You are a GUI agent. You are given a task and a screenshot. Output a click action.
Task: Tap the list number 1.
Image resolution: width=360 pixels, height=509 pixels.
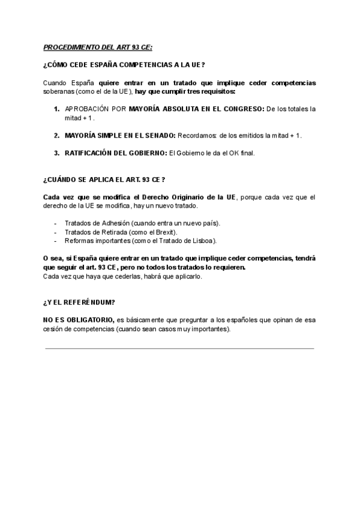[56, 109]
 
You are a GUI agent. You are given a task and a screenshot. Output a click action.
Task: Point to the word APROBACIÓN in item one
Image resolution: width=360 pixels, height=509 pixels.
[86, 109]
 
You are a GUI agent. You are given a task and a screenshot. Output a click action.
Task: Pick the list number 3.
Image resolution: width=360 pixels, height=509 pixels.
[56, 153]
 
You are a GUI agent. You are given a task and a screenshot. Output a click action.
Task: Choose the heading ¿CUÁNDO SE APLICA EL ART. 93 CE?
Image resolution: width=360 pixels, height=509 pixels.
[104, 179]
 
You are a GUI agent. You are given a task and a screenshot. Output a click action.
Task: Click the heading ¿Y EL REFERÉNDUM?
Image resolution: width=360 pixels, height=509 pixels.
[79, 303]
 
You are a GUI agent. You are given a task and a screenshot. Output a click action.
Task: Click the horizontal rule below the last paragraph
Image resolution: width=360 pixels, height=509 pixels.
[179, 348]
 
